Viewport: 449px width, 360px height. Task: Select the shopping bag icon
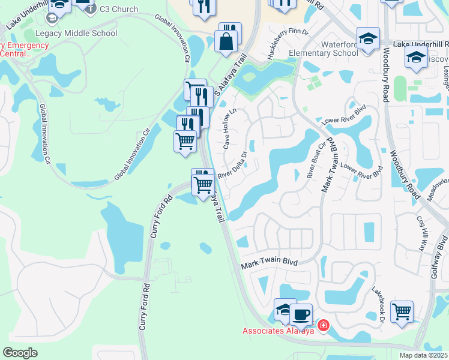pyautogui.click(x=227, y=42)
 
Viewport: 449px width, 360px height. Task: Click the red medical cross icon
pyautogui.click(x=324, y=325)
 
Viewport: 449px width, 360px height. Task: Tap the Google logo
pyautogui.click(x=20, y=352)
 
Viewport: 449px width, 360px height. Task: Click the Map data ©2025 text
pyautogui.click(x=423, y=355)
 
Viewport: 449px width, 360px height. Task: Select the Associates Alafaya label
pyautogui.click(x=279, y=331)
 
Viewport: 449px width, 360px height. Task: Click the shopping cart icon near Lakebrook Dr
pyautogui.click(x=402, y=311)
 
